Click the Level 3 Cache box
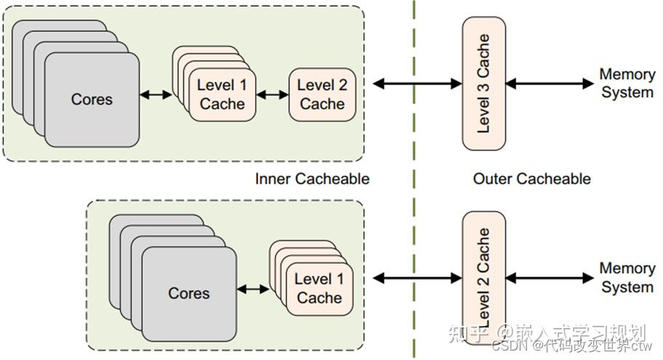[483, 84]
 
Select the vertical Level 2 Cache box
[483, 277]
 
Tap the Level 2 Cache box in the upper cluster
[321, 95]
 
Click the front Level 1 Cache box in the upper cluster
[222, 95]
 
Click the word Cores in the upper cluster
[92, 99]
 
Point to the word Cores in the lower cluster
[189, 293]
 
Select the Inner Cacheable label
[312, 178]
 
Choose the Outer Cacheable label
[531, 178]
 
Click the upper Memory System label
[626, 83]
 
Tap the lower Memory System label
[626, 277]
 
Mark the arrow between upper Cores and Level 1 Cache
[156, 94]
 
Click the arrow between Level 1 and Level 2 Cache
[273, 94]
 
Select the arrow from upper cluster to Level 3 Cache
[417, 84]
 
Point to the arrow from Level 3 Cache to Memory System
[550, 84]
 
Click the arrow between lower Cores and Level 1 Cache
[253, 289]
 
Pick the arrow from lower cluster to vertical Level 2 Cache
[417, 277]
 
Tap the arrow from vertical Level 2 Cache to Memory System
[550, 277]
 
